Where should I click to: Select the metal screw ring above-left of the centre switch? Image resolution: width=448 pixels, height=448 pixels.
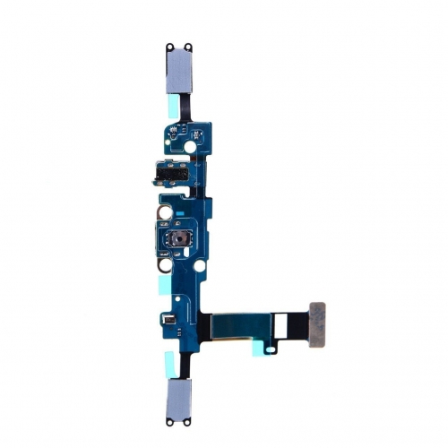(166, 215)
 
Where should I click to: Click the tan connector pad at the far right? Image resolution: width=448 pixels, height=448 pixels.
(317, 313)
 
